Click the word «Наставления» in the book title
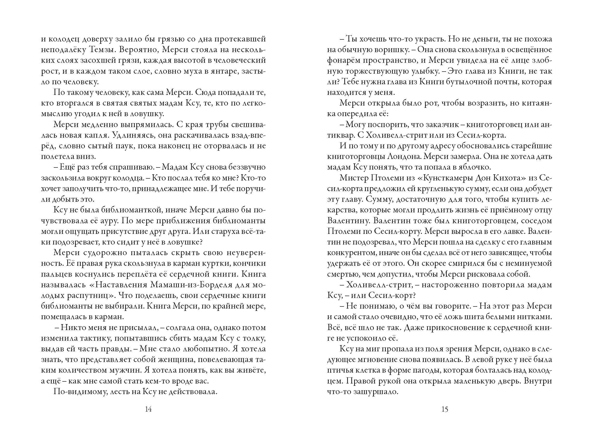[x=121, y=285]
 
